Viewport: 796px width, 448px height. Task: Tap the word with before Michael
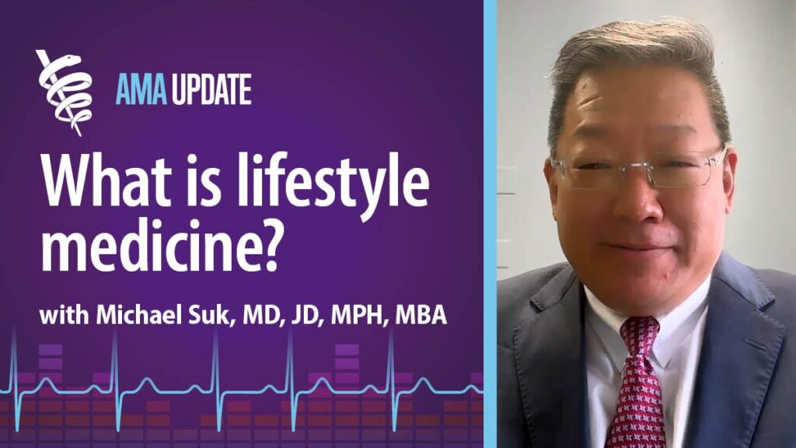65,318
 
